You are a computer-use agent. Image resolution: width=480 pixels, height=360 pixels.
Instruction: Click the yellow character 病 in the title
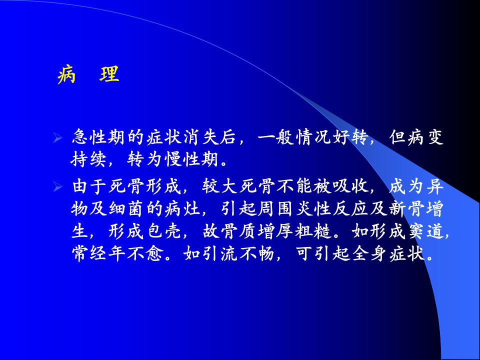pos(66,74)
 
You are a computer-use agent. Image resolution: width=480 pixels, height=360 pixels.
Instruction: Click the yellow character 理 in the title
pos(109,74)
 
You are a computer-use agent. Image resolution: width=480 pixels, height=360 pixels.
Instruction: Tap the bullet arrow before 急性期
pos(57,138)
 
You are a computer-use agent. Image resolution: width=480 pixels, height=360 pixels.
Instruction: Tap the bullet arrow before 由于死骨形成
pos(57,186)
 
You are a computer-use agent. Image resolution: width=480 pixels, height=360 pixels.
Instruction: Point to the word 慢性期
pos(192,159)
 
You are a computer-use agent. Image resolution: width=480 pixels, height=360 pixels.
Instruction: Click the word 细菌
pos(126,209)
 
